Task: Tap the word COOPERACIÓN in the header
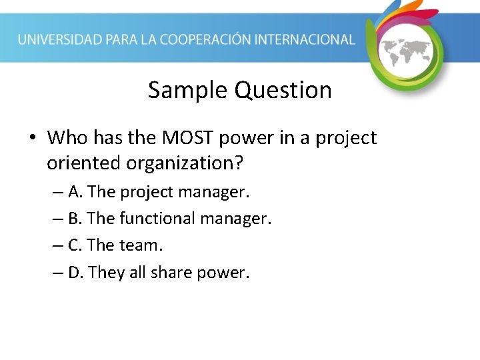[x=210, y=39]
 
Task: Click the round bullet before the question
[x=32, y=139]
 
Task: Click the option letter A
[x=75, y=192]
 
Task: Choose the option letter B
[x=75, y=219]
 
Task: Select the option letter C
[x=75, y=245]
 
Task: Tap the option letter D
[x=75, y=272]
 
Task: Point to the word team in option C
[x=141, y=245]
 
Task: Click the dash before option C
[x=58, y=246]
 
